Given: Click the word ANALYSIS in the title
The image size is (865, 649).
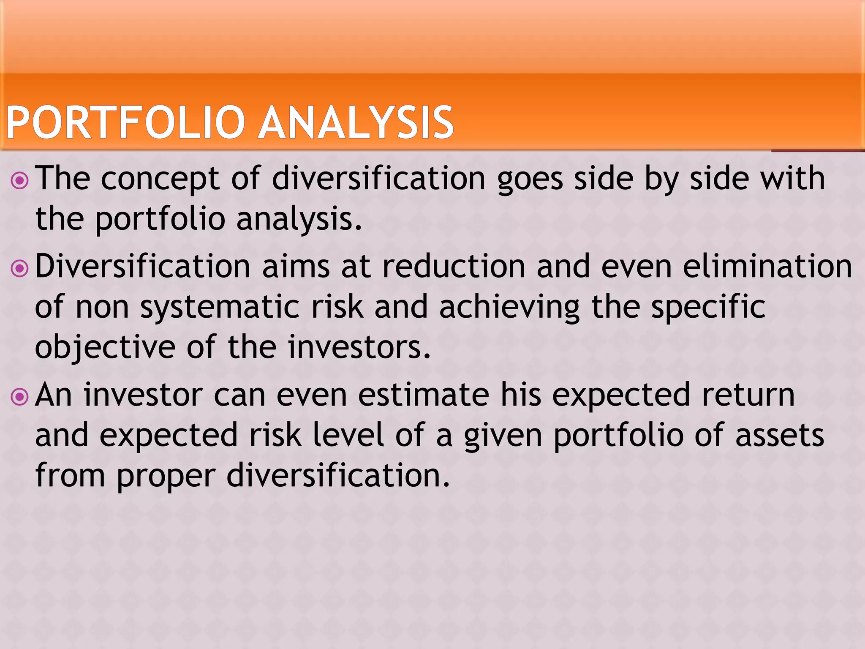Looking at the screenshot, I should coord(356,123).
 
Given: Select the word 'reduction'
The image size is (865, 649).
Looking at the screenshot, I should coord(454,267).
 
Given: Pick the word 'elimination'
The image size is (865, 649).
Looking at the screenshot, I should coord(767,267).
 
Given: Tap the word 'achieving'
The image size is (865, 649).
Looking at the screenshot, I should coord(509,308).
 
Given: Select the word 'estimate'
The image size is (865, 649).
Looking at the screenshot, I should coord(424,395).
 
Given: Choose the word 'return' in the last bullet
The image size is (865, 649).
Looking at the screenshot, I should coord(748,395).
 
